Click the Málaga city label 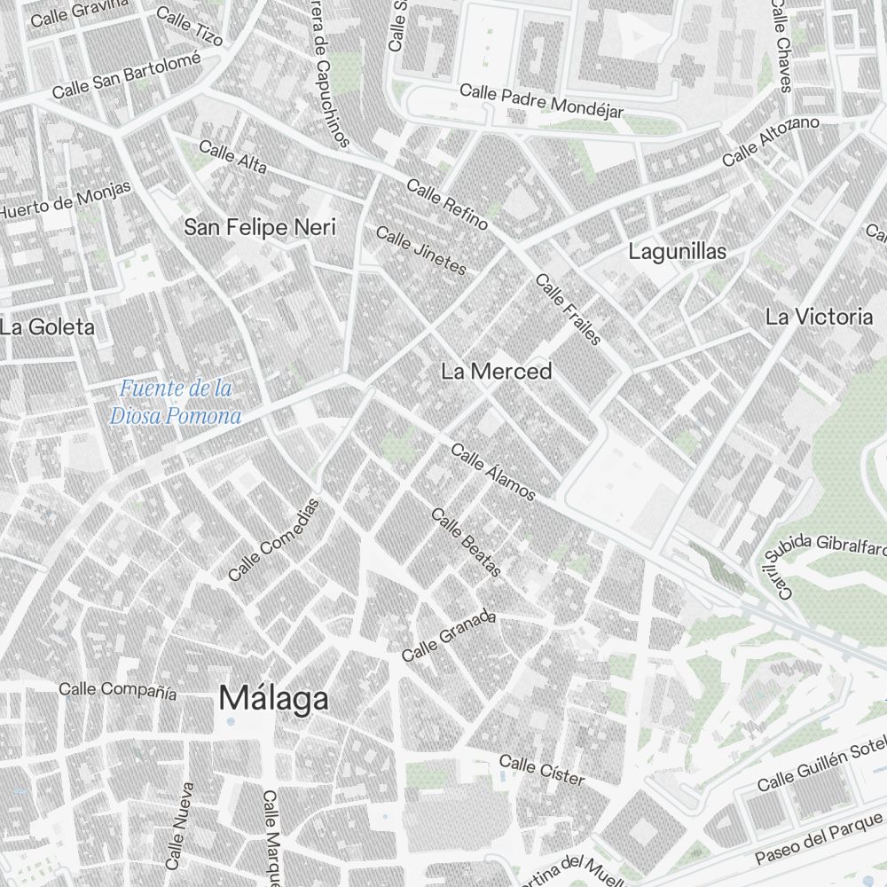pyautogui.click(x=273, y=698)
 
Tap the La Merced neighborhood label pyautogui.click(x=496, y=372)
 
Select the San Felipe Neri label pyautogui.click(x=260, y=227)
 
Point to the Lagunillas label pyautogui.click(x=677, y=251)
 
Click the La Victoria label pyautogui.click(x=819, y=317)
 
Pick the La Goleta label pyautogui.click(x=47, y=326)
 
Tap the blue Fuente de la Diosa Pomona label pyautogui.click(x=176, y=402)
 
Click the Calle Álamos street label pyautogui.click(x=493, y=472)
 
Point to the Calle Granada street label pyautogui.click(x=448, y=636)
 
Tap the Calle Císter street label pyautogui.click(x=542, y=769)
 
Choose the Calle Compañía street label pyautogui.click(x=117, y=690)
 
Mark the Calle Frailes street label pyautogui.click(x=569, y=310)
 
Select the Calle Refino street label pyautogui.click(x=447, y=204)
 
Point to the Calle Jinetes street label pyautogui.click(x=420, y=250)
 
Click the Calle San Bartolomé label pyautogui.click(x=126, y=77)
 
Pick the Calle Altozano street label pyautogui.click(x=770, y=141)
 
